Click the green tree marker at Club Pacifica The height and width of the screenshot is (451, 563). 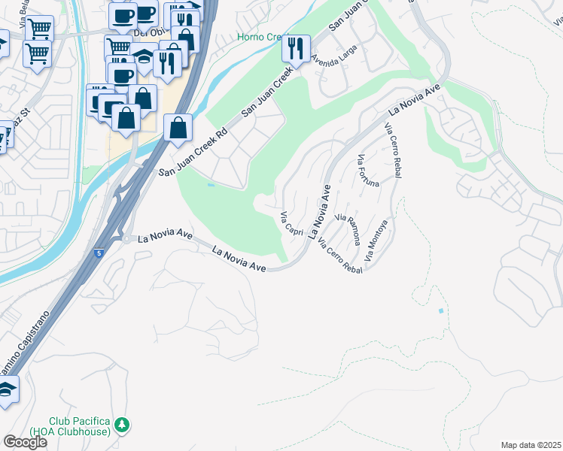(122, 425)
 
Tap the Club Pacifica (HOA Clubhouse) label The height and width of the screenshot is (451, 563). (80, 426)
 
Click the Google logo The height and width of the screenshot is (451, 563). (25, 442)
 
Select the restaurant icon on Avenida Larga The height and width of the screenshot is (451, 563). (296, 50)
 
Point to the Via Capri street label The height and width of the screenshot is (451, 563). (291, 225)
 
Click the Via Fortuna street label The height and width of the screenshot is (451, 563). (368, 171)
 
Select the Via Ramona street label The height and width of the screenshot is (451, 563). (350, 229)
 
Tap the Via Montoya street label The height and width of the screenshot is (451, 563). (378, 240)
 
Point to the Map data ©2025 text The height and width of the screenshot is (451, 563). (531, 445)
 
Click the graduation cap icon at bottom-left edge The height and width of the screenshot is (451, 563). (6, 392)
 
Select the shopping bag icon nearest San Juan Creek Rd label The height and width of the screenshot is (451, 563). (178, 129)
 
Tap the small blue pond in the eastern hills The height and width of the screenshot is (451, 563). (440, 310)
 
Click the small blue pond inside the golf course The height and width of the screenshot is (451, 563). (211, 184)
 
